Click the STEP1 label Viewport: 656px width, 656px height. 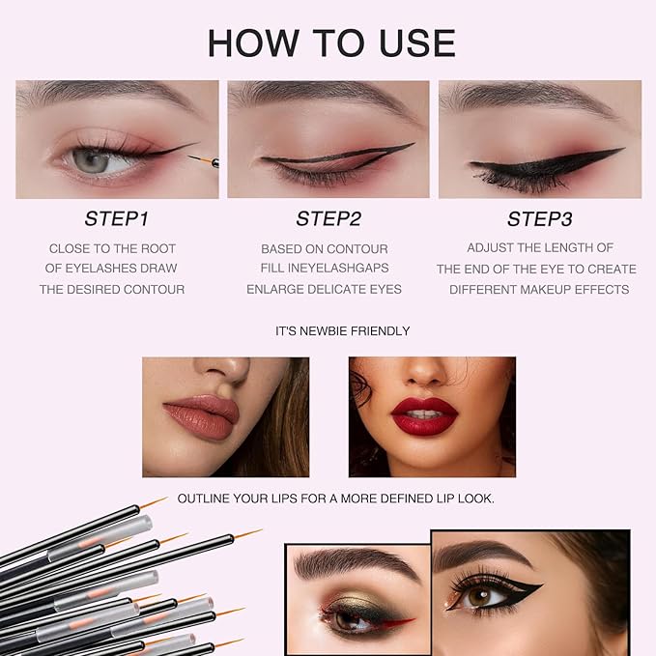tap(117, 218)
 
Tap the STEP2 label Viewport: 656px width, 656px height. tap(328, 218)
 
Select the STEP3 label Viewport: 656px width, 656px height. tap(539, 218)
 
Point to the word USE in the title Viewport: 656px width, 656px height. tap(410, 43)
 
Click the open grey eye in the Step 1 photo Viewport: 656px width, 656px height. tap(93, 160)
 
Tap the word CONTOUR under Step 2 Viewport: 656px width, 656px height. tap(358, 248)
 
